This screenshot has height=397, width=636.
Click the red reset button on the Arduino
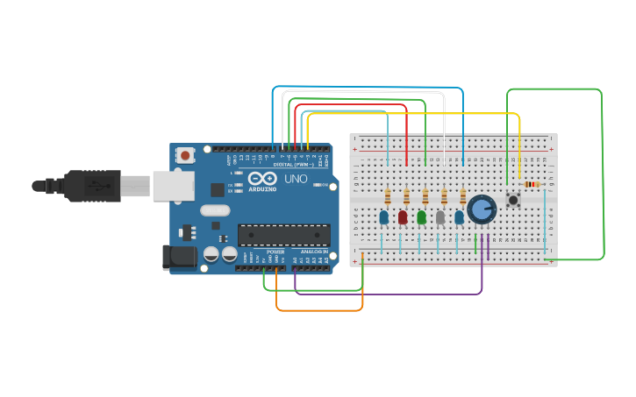[185, 155]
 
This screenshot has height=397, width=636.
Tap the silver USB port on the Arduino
[173, 186]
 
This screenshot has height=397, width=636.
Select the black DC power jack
[179, 256]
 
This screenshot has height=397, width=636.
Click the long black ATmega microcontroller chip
[284, 235]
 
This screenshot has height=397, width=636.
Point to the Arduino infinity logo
[262, 179]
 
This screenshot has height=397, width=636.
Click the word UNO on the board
[295, 179]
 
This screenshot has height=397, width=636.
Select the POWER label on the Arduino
[275, 252]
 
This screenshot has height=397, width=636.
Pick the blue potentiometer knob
[482, 209]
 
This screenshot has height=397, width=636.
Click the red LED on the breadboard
[403, 216]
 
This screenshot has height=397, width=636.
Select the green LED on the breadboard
[422, 216]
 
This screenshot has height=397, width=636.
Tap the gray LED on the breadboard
[440, 216]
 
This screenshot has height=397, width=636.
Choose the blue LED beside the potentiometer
[459, 216]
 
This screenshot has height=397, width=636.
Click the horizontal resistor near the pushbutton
[532, 184]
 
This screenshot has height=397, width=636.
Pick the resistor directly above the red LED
[406, 197]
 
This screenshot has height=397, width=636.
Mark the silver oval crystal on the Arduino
[215, 210]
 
